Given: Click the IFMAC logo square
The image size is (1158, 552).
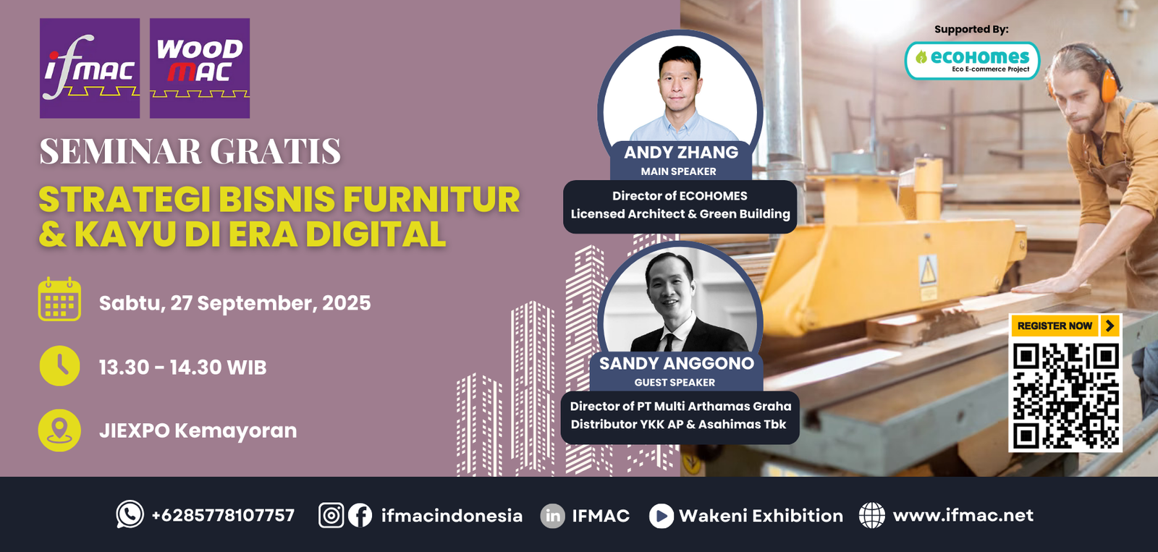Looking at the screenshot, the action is click(x=90, y=68).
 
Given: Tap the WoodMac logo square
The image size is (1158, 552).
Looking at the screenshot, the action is click(x=200, y=68).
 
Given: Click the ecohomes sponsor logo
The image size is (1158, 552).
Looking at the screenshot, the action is click(x=972, y=61).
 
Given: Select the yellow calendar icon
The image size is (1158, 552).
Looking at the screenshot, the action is click(x=59, y=300).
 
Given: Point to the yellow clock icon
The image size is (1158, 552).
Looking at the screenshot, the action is click(x=59, y=366).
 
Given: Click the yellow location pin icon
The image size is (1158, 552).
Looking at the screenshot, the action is click(x=59, y=430).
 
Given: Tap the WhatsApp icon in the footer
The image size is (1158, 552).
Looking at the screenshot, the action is click(x=130, y=514).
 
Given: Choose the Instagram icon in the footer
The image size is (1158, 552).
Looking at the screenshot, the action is click(x=331, y=515).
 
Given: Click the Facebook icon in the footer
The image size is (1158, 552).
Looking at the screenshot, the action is click(x=360, y=515).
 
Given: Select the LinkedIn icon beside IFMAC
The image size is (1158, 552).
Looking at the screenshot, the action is click(x=553, y=516).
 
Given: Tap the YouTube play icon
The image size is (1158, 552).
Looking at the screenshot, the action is click(x=662, y=516).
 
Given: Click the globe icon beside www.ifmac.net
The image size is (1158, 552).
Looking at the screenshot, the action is click(x=871, y=515).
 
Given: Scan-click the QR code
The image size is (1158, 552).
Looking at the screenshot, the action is click(x=1065, y=396).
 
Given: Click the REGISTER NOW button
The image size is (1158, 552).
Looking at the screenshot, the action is click(x=1065, y=326).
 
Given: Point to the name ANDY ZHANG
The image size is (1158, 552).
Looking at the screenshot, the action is click(x=681, y=153).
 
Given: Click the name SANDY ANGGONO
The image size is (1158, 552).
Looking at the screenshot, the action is click(x=676, y=363).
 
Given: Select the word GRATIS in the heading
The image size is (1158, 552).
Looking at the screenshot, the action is click(x=275, y=151).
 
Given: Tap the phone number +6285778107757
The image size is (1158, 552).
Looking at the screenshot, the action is click(x=223, y=515).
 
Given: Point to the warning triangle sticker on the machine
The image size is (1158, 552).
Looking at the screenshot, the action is click(x=928, y=271).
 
